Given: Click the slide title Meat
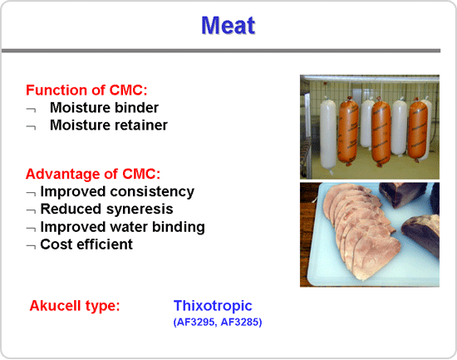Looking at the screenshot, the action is coord(228,26).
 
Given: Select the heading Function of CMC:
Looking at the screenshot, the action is coord(86,90).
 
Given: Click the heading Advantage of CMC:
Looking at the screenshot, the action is coord(93,174).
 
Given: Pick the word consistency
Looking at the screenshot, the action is coord(152,192).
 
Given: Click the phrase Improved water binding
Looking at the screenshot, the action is coord(122,227).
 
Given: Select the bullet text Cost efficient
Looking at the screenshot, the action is coord(86,244).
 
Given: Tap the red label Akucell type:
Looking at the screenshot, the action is coord(75,306).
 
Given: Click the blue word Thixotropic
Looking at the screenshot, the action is coord(213,306).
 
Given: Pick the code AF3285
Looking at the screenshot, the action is coord(240,322).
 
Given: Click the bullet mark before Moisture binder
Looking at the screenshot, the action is coord(31,110).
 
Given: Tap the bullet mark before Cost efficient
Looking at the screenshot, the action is coord(31,247).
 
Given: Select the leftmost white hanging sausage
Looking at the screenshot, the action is coord(328,135).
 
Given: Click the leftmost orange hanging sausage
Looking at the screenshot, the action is coord(348,132).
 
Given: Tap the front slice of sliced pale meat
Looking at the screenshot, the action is coord(376,257).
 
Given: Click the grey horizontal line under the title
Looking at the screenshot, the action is coord(221,51).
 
